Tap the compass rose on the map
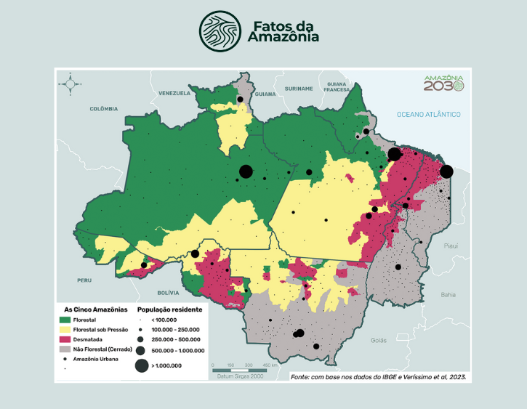71,84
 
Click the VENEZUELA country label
174,93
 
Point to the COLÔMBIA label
104,108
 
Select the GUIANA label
266,94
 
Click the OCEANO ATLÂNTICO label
429,115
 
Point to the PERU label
84,280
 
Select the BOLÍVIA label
168,293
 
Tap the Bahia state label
448,295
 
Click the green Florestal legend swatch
65,319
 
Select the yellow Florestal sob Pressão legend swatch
65,329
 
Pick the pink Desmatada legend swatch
65,339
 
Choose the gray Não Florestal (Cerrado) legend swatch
65,349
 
